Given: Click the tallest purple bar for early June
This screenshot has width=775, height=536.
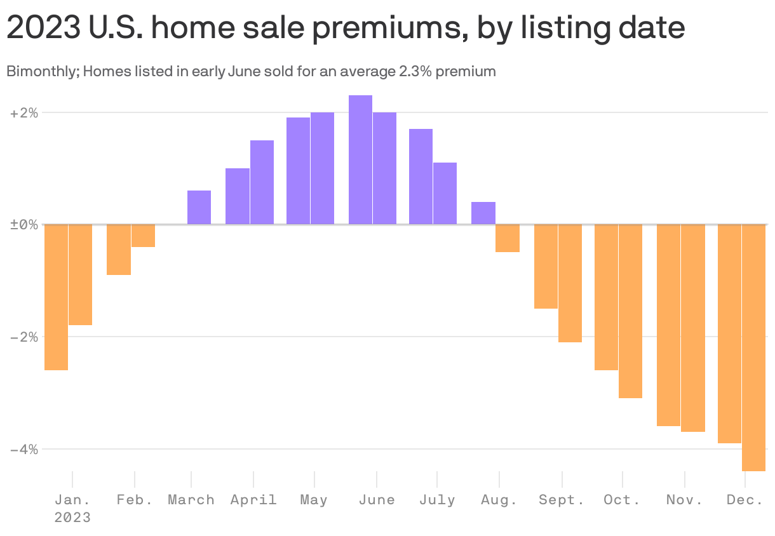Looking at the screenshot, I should pyautogui.click(x=360, y=160).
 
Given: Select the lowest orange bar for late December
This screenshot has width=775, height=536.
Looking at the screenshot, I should pyautogui.click(x=753, y=347).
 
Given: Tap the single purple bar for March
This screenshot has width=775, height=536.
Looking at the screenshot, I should pyautogui.click(x=199, y=207).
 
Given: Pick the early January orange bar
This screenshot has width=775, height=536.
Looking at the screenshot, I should pyautogui.click(x=56, y=297).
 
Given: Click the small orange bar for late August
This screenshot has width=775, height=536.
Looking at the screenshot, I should pyautogui.click(x=508, y=238).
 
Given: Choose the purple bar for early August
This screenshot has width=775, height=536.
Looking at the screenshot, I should pyautogui.click(x=483, y=213).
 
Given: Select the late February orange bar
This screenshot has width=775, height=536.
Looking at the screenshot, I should pyautogui.click(x=143, y=236).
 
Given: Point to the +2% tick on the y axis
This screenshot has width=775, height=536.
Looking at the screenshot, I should pyautogui.click(x=24, y=113).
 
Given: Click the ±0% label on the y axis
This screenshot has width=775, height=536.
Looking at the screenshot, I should pyautogui.click(x=24, y=225).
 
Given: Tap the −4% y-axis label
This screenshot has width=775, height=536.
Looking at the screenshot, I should pyautogui.click(x=24, y=449).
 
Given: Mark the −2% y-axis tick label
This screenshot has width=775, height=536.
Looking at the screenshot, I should pyautogui.click(x=24, y=337).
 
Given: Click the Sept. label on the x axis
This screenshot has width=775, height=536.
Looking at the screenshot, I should pyautogui.click(x=562, y=500).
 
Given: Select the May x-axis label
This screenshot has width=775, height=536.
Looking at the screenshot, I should pyautogui.click(x=314, y=500).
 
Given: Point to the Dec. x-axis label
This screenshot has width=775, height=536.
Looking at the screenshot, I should pyautogui.click(x=745, y=500).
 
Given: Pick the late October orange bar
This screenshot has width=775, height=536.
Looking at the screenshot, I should pyautogui.click(x=630, y=311).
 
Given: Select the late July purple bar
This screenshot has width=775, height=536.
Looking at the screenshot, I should pyautogui.click(x=445, y=194).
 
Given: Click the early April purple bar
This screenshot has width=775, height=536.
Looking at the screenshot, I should pyautogui.click(x=238, y=196).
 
